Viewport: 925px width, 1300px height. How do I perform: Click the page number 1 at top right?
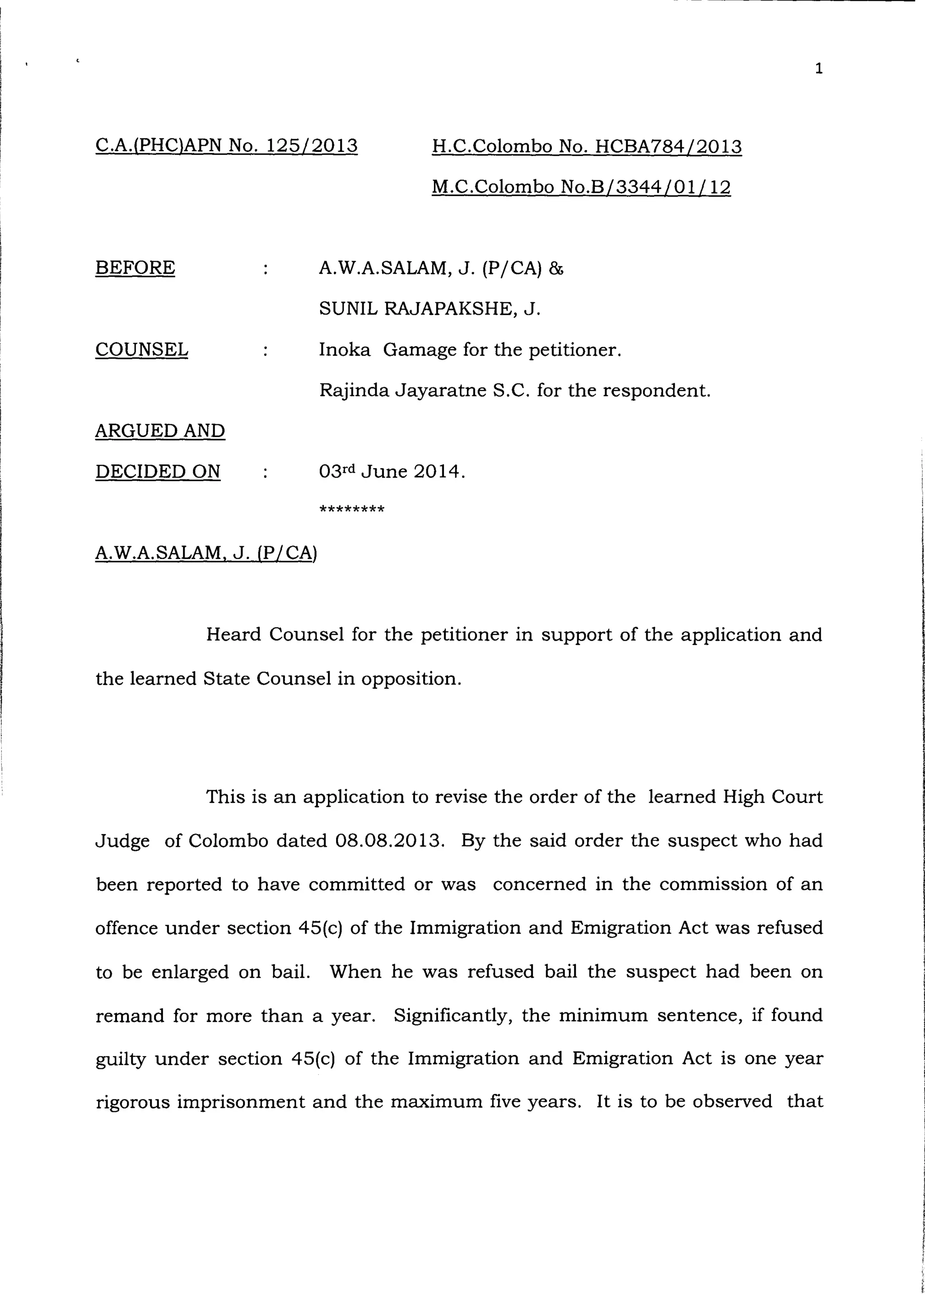click(818, 69)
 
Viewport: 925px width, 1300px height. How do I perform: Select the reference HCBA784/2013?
click(668, 147)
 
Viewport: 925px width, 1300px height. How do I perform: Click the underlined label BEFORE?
click(135, 268)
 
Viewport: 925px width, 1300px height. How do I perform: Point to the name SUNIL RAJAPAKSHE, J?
click(429, 309)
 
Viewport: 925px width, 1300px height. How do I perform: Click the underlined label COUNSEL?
click(141, 349)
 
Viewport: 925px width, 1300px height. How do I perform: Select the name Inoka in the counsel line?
click(344, 349)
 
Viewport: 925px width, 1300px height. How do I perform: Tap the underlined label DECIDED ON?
click(158, 472)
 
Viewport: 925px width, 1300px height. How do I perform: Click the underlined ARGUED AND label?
click(160, 431)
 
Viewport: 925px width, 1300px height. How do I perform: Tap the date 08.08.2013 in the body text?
click(390, 841)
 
